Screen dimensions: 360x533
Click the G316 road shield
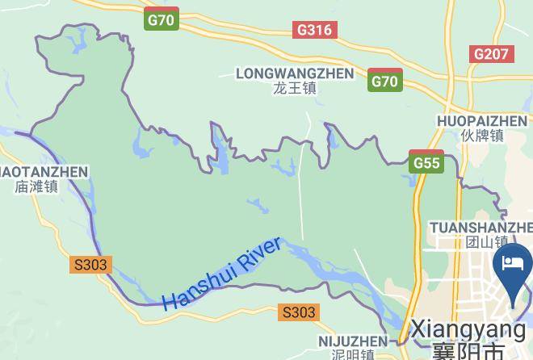click(315, 30)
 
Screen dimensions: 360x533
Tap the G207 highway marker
click(492, 54)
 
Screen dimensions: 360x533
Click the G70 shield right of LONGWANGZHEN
click(385, 80)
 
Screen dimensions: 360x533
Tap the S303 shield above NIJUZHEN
click(299, 312)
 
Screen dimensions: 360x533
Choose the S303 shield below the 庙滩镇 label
click(90, 264)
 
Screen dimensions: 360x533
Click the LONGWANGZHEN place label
click(295, 73)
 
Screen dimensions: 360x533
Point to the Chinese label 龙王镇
click(295, 89)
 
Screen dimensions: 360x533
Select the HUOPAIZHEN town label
click(483, 121)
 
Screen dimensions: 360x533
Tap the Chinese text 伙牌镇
click(483, 136)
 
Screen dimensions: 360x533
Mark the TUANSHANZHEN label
click(481, 226)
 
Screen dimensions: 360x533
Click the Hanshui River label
click(222, 274)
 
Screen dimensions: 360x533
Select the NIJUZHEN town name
click(353, 340)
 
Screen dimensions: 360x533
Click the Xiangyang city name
click(468, 329)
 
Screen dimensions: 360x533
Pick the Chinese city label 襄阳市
click(468, 350)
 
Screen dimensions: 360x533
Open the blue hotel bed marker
click(513, 266)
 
